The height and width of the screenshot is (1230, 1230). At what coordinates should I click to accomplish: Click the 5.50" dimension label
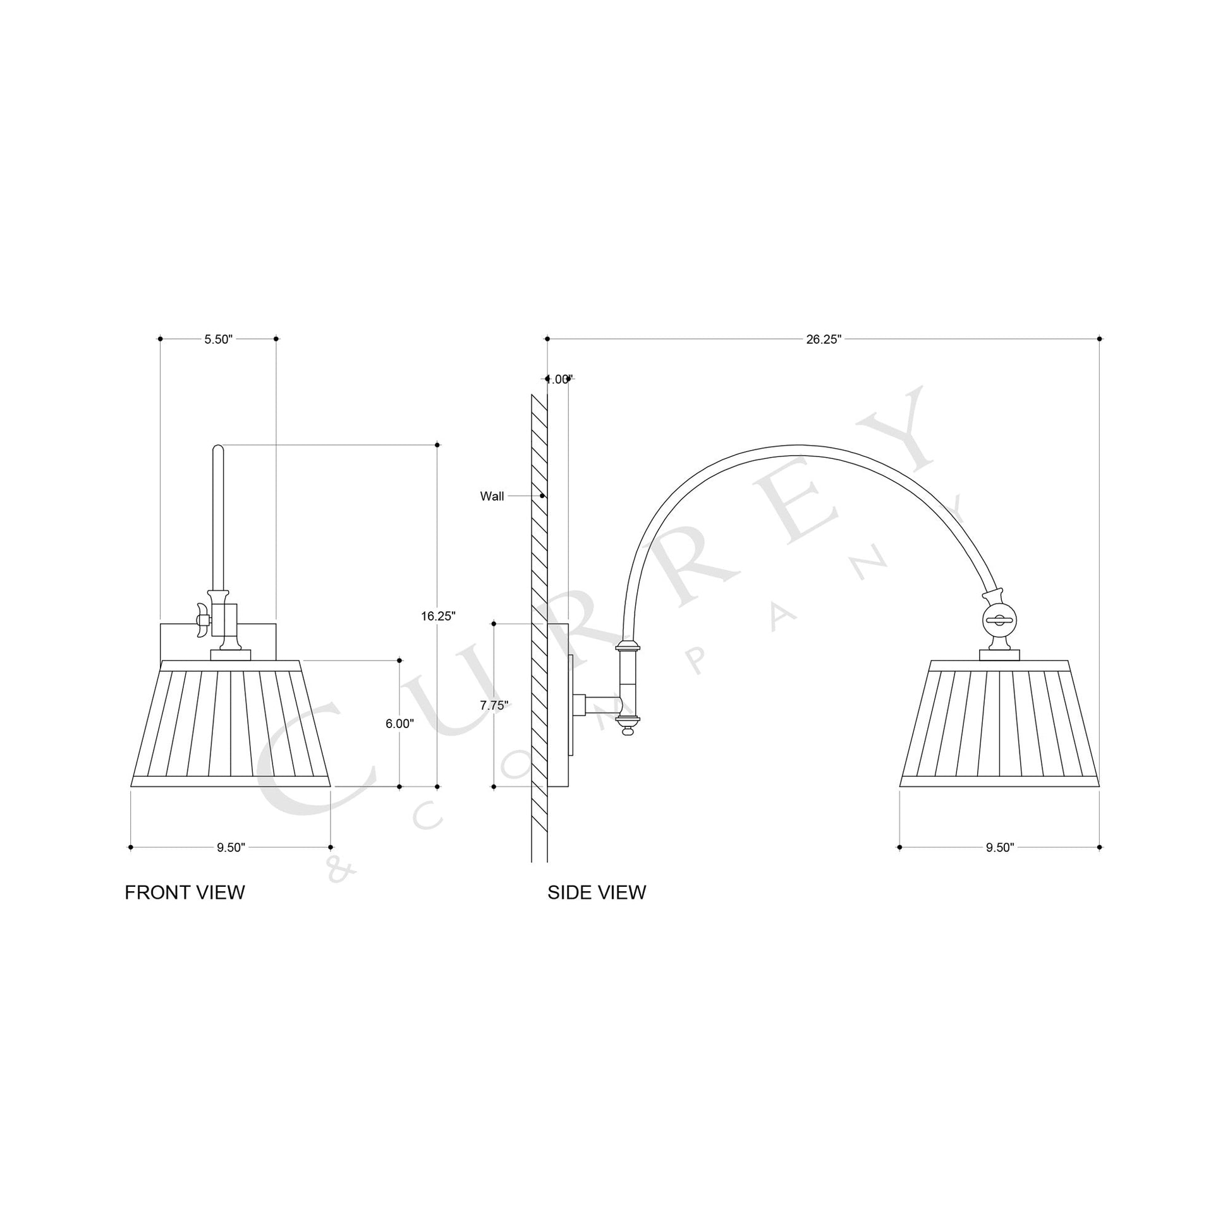click(x=218, y=339)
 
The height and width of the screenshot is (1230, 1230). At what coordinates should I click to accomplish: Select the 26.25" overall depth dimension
click(x=823, y=339)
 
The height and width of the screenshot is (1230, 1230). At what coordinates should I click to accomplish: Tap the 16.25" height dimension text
click(x=438, y=616)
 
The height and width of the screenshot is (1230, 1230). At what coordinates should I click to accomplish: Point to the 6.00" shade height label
click(x=400, y=724)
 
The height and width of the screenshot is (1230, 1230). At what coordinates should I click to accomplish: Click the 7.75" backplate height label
click(x=494, y=705)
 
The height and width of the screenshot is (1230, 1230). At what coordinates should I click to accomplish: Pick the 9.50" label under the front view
click(x=231, y=848)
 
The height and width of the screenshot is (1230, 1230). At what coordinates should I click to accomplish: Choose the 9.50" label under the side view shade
click(x=999, y=848)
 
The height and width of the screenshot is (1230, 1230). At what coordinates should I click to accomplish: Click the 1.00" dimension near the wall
click(x=559, y=379)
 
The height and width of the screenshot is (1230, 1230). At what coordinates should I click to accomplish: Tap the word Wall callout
click(x=492, y=497)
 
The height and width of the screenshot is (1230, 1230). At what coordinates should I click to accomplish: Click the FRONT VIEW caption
click(x=185, y=892)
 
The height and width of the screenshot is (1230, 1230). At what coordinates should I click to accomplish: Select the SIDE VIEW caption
click(x=597, y=892)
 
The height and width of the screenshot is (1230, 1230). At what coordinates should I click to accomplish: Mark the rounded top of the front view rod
click(x=217, y=449)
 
